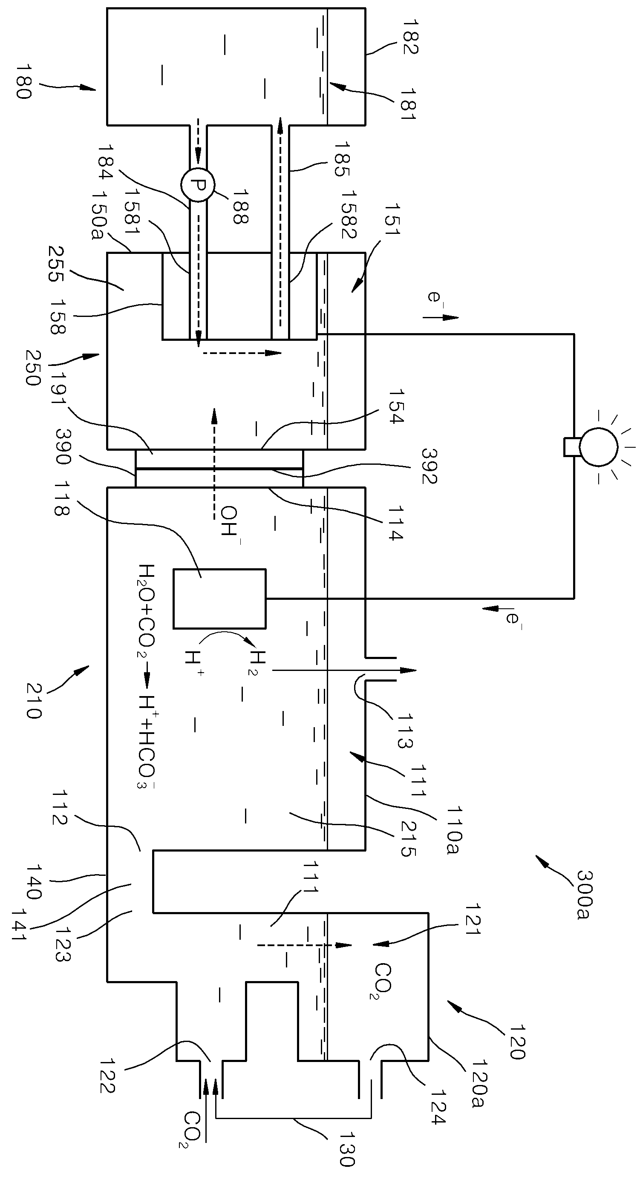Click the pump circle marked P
(x=197, y=185)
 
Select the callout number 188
(x=240, y=208)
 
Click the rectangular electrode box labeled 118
(x=219, y=598)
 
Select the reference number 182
(x=410, y=37)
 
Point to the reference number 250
(x=32, y=368)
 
